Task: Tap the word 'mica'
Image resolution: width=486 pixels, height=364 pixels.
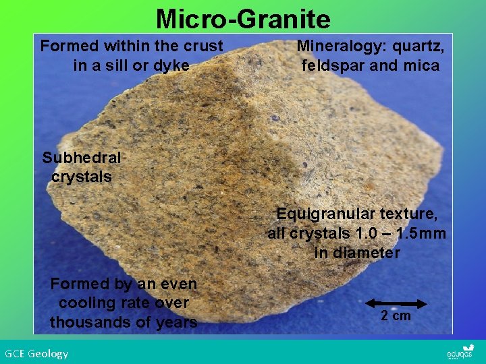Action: point(422,66)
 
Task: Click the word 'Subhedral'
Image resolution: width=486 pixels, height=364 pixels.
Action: point(82,158)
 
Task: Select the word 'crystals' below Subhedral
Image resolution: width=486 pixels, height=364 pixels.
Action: point(82,177)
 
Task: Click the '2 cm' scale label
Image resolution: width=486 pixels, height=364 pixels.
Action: point(396,316)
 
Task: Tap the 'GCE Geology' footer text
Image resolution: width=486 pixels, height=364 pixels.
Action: point(36,353)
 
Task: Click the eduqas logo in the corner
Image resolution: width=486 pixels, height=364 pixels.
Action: point(460,353)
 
